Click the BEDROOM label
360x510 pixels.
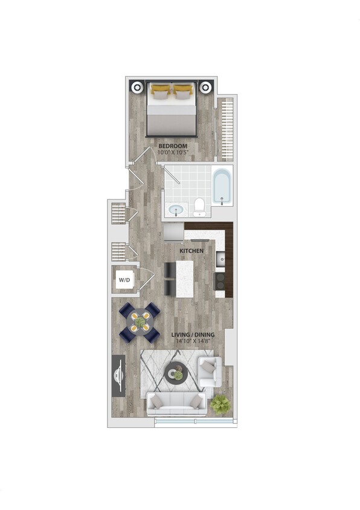[x=173, y=146]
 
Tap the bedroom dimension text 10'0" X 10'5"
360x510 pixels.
[x=173, y=153]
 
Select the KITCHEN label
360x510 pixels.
[x=191, y=250]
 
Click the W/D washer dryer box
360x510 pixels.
[x=124, y=280]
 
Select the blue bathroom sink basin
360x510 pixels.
[x=176, y=210]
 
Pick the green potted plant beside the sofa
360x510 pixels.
[x=220, y=404]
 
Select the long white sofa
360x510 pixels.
[x=176, y=402]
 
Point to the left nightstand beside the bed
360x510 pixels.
[x=138, y=86]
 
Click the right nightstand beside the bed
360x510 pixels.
[x=207, y=86]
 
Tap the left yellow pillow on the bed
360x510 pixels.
[x=160, y=91]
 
